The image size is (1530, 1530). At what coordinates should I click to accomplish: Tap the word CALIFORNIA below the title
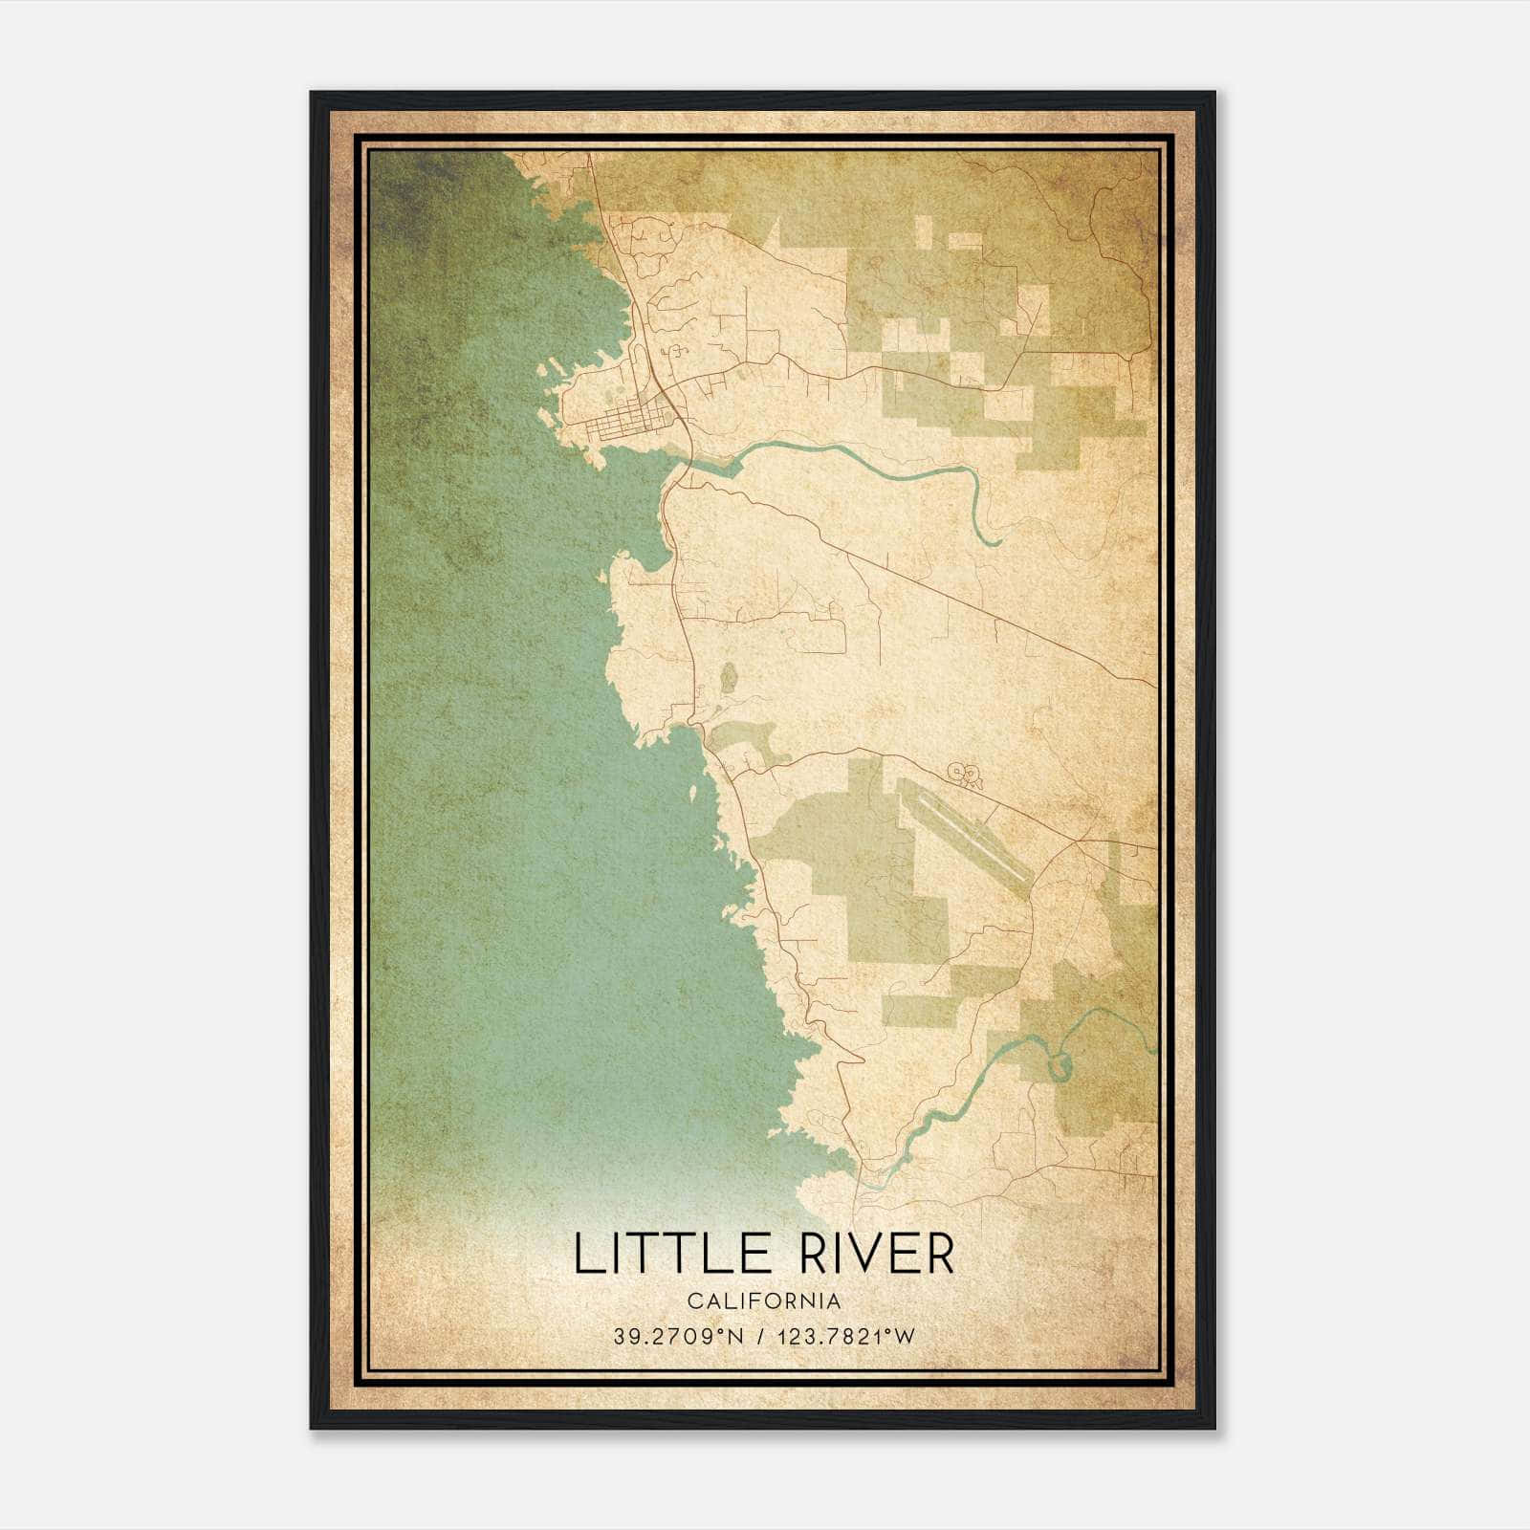[763, 1301]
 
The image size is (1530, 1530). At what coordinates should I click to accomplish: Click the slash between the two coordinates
[760, 1336]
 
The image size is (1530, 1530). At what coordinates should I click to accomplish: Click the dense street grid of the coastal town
[626, 422]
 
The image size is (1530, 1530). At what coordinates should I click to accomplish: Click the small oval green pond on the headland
[729, 678]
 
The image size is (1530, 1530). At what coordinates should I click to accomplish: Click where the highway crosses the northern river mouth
[685, 468]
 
